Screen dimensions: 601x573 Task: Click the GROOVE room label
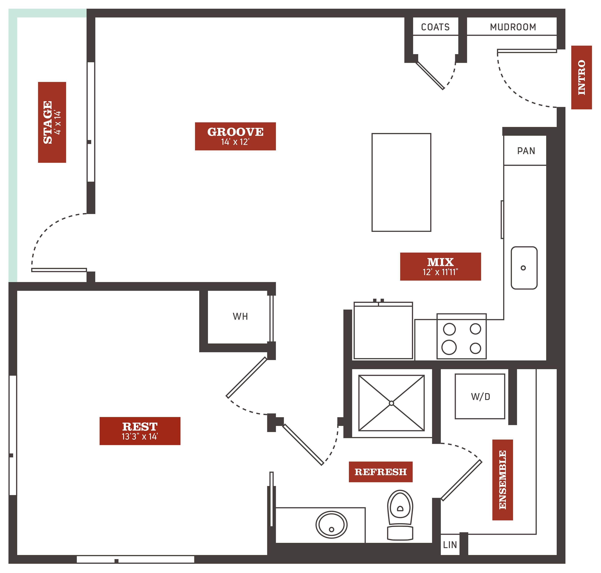(x=235, y=136)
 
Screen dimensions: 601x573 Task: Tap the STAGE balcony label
(x=52, y=122)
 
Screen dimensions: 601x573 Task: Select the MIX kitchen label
(x=440, y=266)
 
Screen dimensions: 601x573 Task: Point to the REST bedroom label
(x=140, y=431)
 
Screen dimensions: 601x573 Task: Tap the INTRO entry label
(x=582, y=77)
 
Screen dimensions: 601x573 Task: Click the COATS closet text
(x=435, y=27)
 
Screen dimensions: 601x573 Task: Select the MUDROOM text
(x=513, y=27)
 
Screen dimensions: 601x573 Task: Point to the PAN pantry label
(x=526, y=151)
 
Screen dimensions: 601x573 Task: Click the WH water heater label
(x=240, y=316)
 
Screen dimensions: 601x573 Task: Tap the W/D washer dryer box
(x=480, y=396)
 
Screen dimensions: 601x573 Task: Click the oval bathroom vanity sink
(x=331, y=525)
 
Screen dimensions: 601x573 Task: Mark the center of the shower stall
(x=391, y=403)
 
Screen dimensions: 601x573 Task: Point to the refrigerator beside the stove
(x=383, y=330)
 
